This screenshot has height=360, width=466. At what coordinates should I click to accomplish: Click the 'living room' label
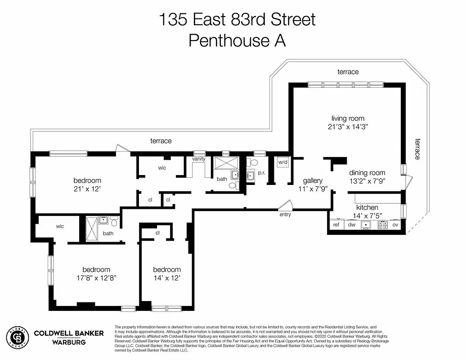[348, 118]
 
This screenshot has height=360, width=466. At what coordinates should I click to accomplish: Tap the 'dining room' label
[367, 173]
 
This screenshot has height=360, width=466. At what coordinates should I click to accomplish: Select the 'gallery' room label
[313, 180]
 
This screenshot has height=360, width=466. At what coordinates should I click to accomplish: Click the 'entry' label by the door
[285, 215]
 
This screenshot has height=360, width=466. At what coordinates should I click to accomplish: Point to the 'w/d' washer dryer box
[282, 162]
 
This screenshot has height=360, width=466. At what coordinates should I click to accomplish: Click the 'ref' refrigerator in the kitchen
[336, 225]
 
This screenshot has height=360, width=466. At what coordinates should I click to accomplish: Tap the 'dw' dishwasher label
[351, 225]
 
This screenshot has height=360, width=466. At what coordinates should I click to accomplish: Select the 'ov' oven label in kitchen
[395, 225]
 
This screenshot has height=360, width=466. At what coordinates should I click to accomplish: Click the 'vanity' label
[199, 159]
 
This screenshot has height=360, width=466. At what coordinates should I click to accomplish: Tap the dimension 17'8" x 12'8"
[96, 278]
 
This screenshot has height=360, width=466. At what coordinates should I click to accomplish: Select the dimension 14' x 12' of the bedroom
[166, 278]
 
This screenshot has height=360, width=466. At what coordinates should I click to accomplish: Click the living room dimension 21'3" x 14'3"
[348, 127]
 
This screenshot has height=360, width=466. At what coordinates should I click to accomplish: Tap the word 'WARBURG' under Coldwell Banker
[69, 342]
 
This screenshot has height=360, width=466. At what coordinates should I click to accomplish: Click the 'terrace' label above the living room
[348, 72]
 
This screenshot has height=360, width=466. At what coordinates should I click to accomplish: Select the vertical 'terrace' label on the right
[417, 148]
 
